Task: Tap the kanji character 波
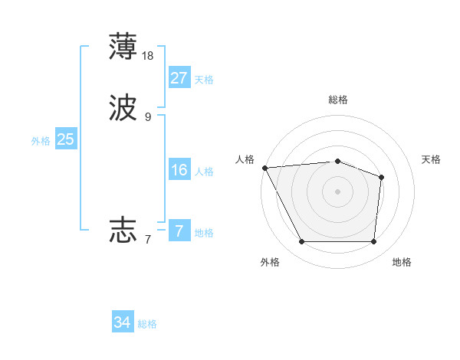[x=123, y=108]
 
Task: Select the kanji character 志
[x=123, y=229]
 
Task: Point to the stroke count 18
[x=148, y=55]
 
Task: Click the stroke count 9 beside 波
[x=148, y=117]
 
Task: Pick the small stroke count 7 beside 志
[x=148, y=239]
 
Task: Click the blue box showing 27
[x=179, y=78]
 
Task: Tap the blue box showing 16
[x=179, y=170]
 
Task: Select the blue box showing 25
[x=65, y=139]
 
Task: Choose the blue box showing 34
[x=122, y=323]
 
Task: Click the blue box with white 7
[x=179, y=231]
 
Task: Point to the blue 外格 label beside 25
[x=41, y=141]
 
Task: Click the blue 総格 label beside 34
[x=147, y=325]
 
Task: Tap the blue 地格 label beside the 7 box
[x=204, y=233]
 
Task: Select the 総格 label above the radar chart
[x=338, y=100]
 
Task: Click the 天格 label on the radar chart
[x=432, y=159]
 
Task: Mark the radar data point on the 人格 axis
[x=264, y=168]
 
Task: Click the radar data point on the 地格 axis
[x=373, y=242]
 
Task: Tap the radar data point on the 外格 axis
[x=301, y=242]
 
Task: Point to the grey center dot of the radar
[x=337, y=191]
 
